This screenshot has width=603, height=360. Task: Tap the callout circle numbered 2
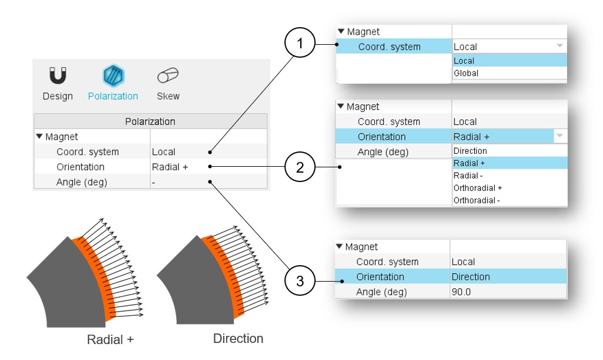pos(300,167)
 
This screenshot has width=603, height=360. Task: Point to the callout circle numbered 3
pos(300,281)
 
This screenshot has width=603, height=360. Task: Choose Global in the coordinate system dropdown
pos(466,74)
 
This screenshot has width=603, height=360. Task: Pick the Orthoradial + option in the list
pos(478,188)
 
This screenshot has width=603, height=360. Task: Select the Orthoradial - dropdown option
pos(477,200)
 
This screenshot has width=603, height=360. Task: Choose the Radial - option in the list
pos(469,176)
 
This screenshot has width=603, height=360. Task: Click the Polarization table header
pos(150,121)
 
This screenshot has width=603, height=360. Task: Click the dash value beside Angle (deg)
pos(154,182)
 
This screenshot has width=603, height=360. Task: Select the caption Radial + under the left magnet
pos(110,340)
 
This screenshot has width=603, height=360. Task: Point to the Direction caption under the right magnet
pos(238,339)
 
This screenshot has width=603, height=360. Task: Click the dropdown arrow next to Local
pos(559,46)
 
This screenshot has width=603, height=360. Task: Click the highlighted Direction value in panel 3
pos(471,277)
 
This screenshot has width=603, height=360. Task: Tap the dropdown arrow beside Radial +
pos(559,137)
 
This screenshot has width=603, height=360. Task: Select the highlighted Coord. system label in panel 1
pos(389,47)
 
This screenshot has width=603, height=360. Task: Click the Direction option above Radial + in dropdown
pos(470,151)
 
